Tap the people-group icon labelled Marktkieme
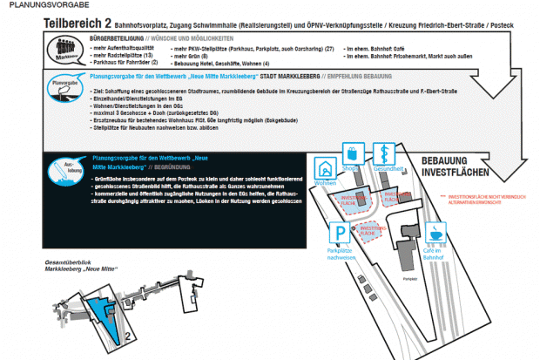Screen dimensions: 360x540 65,47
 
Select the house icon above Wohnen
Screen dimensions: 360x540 327,167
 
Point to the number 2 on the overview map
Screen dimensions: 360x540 128,332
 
